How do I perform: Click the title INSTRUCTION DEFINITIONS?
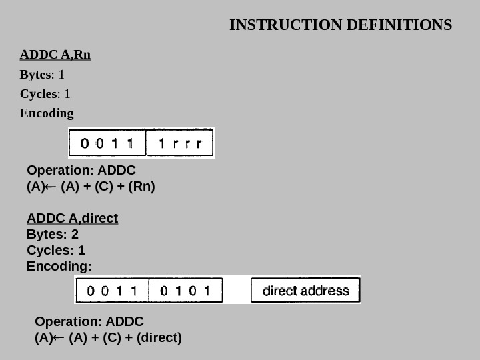340,25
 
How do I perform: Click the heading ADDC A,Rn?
55,54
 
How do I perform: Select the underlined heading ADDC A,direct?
72,218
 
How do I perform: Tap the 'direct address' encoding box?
306,291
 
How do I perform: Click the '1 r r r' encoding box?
184,143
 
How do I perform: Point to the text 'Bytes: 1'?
42,74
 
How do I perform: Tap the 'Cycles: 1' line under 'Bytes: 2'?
56,251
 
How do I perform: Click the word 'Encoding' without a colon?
47,113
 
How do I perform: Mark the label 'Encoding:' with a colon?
59,267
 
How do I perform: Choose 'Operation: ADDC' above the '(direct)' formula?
89,321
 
